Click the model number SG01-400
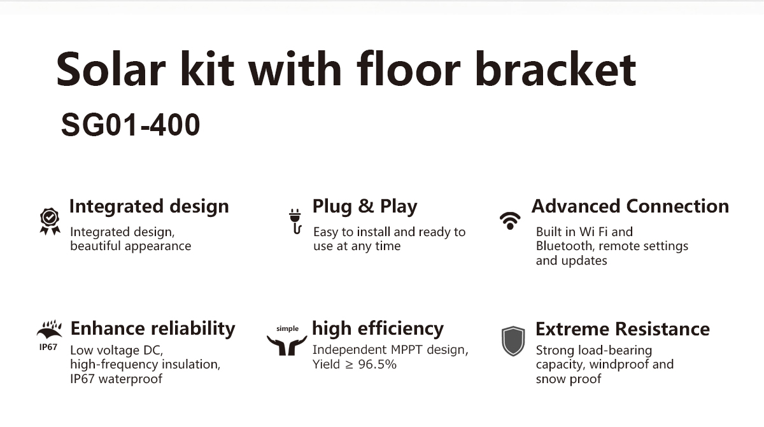pyautogui.click(x=131, y=125)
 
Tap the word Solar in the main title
pyautogui.click(x=111, y=69)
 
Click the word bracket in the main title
pyautogui.click(x=555, y=69)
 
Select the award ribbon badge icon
pyautogui.click(x=50, y=221)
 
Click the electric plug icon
pyautogui.click(x=295, y=221)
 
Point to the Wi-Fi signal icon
pyautogui.click(x=510, y=221)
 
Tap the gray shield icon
pyautogui.click(x=513, y=341)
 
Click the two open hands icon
pyautogui.click(x=287, y=345)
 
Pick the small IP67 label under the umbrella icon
pyautogui.click(x=48, y=347)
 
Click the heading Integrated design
pyautogui.click(x=149, y=207)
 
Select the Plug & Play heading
pyautogui.click(x=365, y=207)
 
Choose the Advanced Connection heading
pyautogui.click(x=630, y=206)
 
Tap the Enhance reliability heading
pyautogui.click(x=153, y=329)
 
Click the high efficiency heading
pyautogui.click(x=378, y=329)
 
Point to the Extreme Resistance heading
pyautogui.click(x=623, y=329)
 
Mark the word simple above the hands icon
pyautogui.click(x=287, y=329)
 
